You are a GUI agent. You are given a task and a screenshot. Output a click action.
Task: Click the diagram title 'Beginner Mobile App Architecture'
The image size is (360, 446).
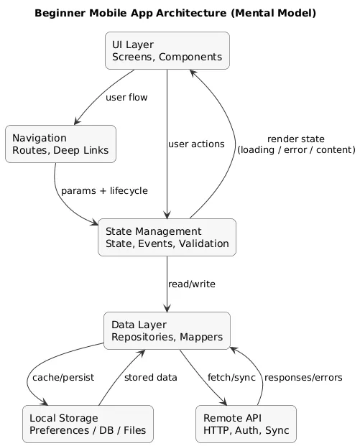[x=175, y=14]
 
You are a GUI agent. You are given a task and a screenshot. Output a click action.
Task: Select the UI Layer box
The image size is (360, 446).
[x=167, y=50]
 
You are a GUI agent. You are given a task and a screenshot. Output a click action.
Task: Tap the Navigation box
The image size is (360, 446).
[x=60, y=144]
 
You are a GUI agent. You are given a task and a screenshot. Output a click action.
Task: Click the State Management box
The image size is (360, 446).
[x=167, y=237]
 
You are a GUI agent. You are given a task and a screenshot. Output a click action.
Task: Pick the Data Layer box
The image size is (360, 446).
[x=167, y=330]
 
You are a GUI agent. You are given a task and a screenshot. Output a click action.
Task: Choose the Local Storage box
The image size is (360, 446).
[x=88, y=424]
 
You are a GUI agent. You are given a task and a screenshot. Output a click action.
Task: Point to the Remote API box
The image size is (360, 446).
[x=246, y=424]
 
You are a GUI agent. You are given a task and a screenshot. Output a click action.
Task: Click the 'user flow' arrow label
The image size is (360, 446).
[x=126, y=98]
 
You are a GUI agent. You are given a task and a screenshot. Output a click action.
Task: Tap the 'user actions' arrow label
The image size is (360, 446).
[x=196, y=144]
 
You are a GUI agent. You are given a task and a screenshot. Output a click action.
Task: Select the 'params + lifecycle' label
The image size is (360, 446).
[x=104, y=191]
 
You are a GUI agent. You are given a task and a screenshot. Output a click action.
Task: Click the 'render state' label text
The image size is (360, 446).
[x=295, y=139]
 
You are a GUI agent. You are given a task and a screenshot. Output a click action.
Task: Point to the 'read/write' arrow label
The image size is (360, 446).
[x=191, y=284]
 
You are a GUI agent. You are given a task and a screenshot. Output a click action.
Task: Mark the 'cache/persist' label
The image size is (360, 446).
[x=62, y=378]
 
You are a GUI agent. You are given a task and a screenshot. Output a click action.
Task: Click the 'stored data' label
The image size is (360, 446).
[x=149, y=378]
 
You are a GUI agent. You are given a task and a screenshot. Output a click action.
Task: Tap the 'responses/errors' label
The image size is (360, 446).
[x=303, y=378]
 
